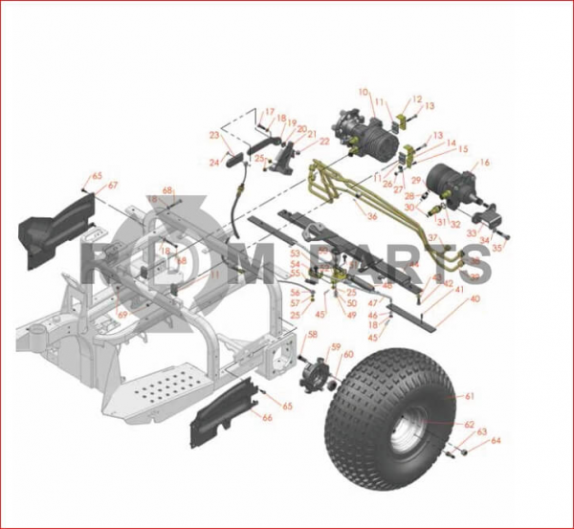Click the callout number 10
click(x=364, y=92)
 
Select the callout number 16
click(x=485, y=163)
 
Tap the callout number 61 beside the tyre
click(x=470, y=395)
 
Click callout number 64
click(x=496, y=441)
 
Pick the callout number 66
click(x=267, y=417)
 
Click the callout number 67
click(x=113, y=186)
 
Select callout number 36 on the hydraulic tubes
click(x=371, y=217)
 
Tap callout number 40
click(x=475, y=298)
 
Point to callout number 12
click(x=417, y=99)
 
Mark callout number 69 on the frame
click(x=121, y=314)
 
